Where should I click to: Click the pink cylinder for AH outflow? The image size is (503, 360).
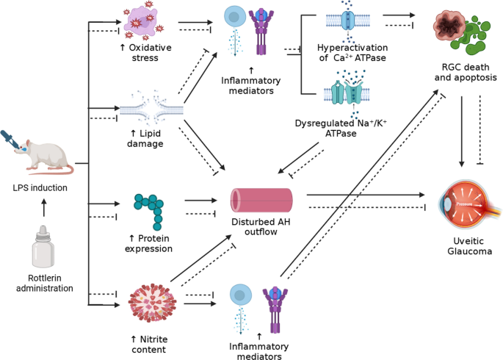click(261, 200)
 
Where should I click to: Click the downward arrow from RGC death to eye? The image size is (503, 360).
click(461, 129)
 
